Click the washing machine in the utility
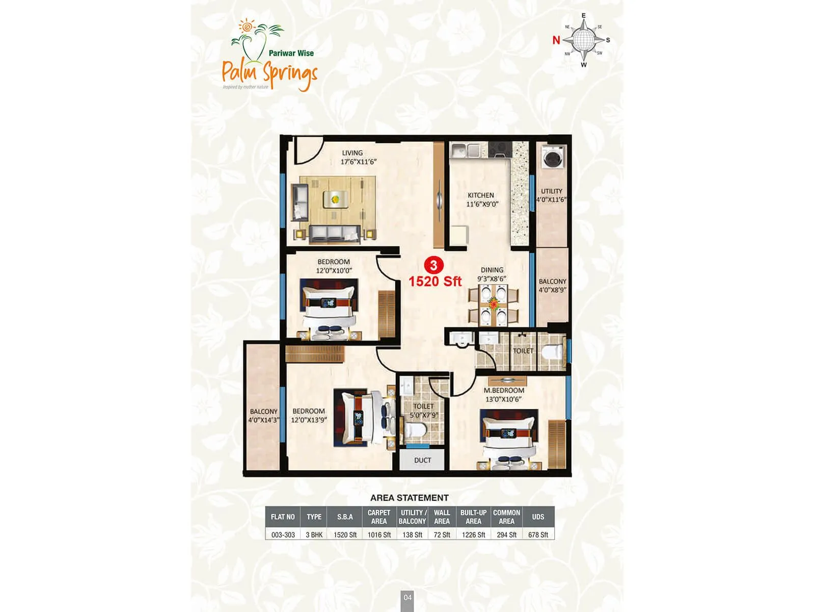coord(553,157)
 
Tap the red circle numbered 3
coord(433,265)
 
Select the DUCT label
coord(422,460)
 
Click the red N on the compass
coord(556,40)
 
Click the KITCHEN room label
coord(481,195)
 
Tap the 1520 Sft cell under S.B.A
coord(345,534)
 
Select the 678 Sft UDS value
coord(538,534)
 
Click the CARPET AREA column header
coord(379,517)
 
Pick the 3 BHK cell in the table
coord(314,534)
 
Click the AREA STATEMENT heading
coord(410,498)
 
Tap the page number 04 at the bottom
coord(407,597)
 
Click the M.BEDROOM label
coord(504,391)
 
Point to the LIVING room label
coord(352,153)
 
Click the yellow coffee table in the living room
coord(335,199)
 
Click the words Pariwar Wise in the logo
coord(291,53)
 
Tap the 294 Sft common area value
coord(506,534)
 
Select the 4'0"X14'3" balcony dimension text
coord(263,420)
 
